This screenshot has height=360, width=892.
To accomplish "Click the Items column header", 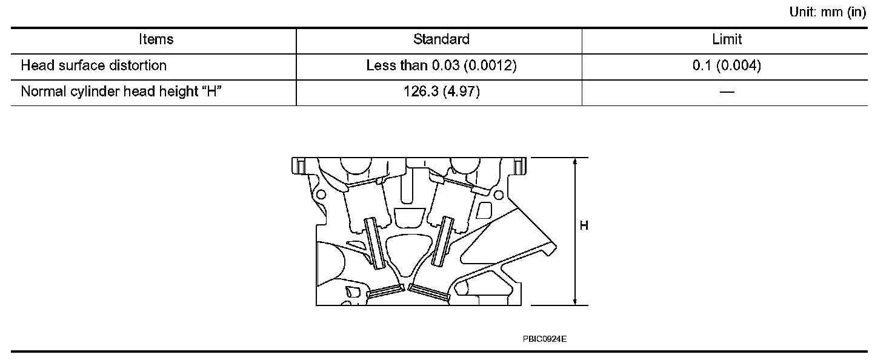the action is click(156, 39).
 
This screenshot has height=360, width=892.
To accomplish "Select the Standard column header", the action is click(441, 39).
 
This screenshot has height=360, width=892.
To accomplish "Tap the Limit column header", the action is click(727, 39).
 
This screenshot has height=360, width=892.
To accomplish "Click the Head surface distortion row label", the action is click(93, 65).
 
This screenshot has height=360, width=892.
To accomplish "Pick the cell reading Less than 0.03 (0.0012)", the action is click(441, 65).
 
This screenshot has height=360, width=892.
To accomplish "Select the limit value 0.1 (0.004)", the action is click(727, 65).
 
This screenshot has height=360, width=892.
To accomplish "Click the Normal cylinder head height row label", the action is click(121, 92).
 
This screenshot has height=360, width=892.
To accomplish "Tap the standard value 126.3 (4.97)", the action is click(442, 92).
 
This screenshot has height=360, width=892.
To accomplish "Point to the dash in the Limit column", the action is click(727, 92).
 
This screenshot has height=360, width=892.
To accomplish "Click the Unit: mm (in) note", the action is click(828, 12).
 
